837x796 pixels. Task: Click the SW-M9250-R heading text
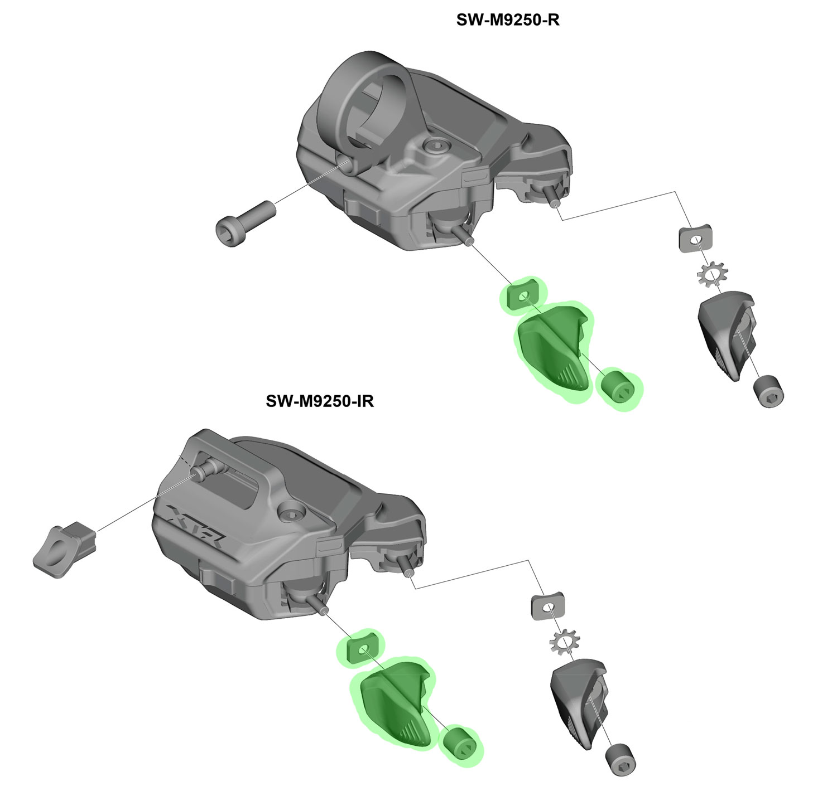pyautogui.click(x=507, y=20)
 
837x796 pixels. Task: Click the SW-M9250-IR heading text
pyautogui.click(x=320, y=401)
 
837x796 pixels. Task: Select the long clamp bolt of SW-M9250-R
pyautogui.click(x=246, y=224)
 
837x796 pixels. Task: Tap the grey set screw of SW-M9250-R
pyautogui.click(x=768, y=391)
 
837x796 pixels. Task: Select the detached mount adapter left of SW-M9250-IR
pyautogui.click(x=64, y=549)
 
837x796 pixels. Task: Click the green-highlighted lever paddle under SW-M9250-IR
pyautogui.click(x=394, y=703)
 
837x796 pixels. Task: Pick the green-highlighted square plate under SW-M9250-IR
pyautogui.click(x=363, y=648)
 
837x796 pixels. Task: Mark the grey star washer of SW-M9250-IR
pyautogui.click(x=565, y=642)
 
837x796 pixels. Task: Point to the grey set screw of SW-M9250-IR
pyautogui.click(x=620, y=760)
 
